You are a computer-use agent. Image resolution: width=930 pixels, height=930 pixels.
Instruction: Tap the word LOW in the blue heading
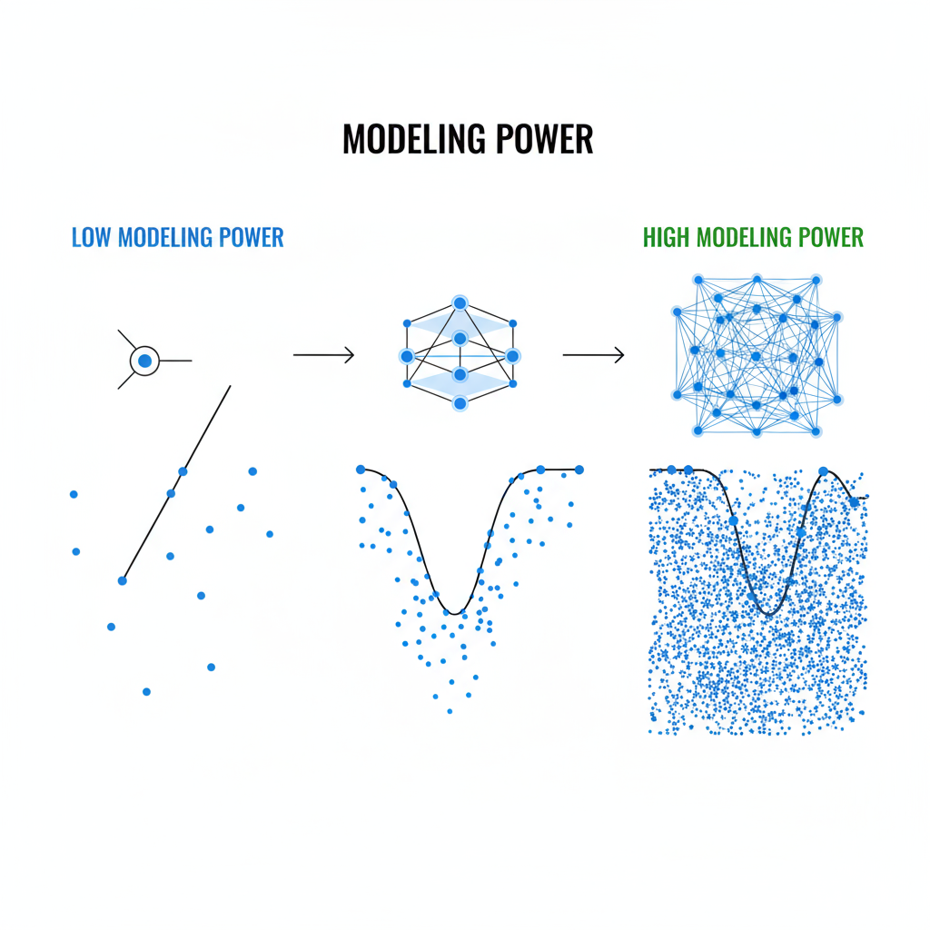pos(91,238)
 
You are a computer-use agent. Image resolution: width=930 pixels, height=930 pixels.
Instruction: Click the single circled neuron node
pos(144,361)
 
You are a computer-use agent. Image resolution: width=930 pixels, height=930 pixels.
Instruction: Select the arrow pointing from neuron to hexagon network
pos(323,355)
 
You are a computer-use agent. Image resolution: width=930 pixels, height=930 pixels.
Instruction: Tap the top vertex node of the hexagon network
pos(460,303)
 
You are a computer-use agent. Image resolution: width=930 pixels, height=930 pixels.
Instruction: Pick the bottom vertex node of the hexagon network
pos(460,402)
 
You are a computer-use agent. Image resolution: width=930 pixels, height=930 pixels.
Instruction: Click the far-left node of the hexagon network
pos(407,356)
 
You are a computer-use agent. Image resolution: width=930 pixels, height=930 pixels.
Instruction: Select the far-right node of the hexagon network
pos(512,356)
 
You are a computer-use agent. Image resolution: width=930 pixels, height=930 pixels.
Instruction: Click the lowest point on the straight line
pos(123,579)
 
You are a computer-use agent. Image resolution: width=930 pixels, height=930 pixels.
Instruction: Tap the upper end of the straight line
pos(230,386)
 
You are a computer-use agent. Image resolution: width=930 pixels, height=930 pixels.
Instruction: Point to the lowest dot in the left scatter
pos(146,691)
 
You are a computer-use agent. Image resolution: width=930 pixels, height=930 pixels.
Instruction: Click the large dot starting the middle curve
pos(361,470)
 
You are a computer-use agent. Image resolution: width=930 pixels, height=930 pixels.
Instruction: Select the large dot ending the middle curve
pos(579,470)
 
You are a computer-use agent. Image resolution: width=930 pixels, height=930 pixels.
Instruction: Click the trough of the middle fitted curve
pos(456,613)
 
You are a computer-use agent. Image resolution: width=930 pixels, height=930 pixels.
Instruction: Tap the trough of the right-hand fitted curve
pos(770,615)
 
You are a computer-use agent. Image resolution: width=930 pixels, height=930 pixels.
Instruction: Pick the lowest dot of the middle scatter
pos(450,711)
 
